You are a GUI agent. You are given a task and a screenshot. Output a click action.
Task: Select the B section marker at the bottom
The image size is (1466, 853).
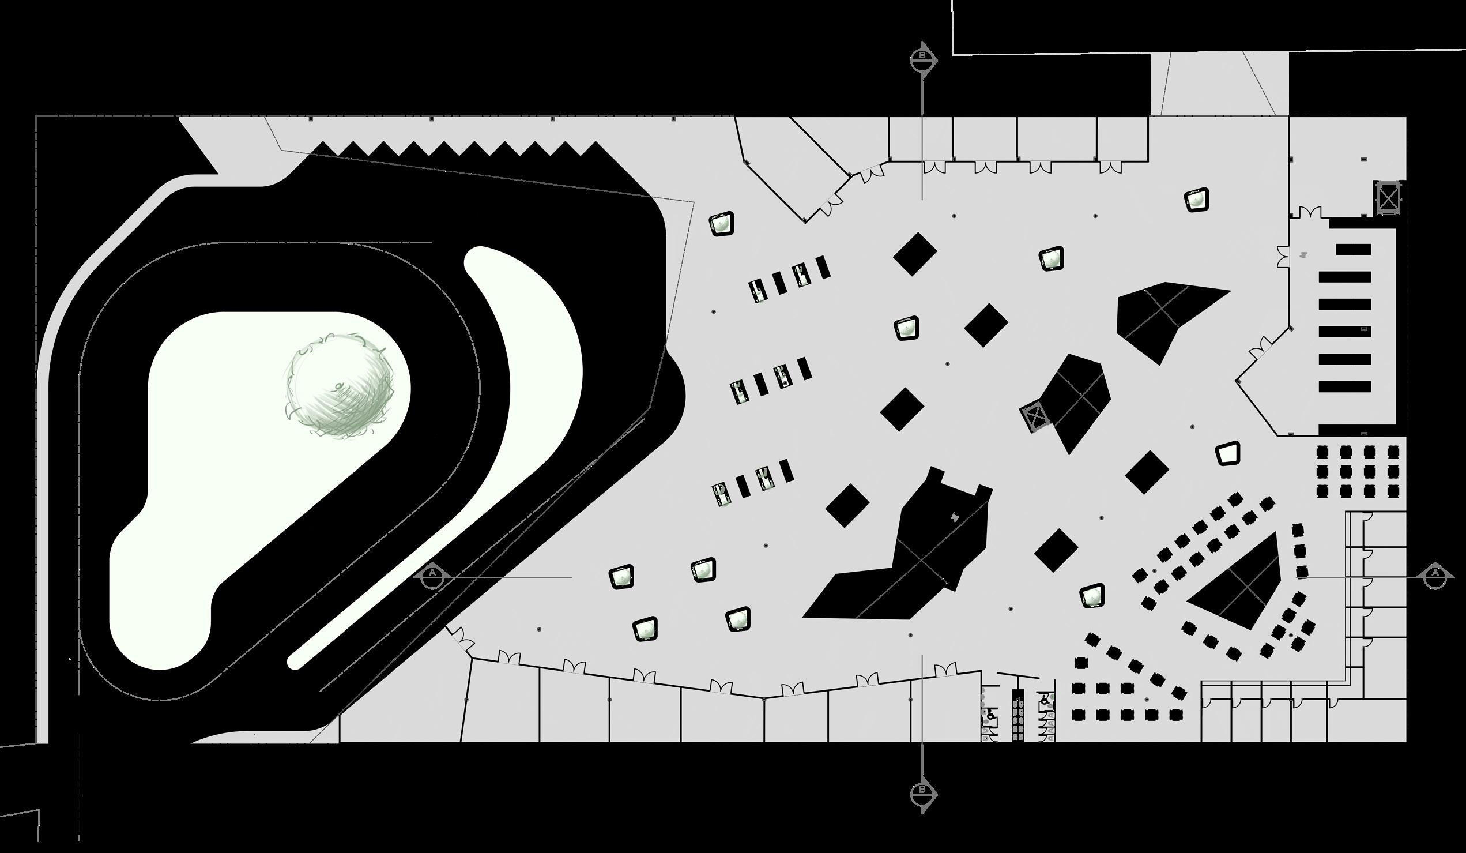[x=923, y=792]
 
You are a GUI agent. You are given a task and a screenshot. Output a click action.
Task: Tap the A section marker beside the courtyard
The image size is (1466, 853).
[x=432, y=577]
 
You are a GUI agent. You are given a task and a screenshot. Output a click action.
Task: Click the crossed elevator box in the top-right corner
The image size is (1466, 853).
[x=1388, y=198]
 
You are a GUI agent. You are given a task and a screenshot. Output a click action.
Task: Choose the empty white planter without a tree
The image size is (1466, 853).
[x=1227, y=453]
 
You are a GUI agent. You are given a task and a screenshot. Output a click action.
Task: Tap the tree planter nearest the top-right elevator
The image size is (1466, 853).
[x=1196, y=200]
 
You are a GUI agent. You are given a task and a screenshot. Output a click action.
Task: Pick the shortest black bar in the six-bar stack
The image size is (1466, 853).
[x=1353, y=250]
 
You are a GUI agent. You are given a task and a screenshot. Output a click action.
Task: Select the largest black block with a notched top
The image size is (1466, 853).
[x=907, y=559]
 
